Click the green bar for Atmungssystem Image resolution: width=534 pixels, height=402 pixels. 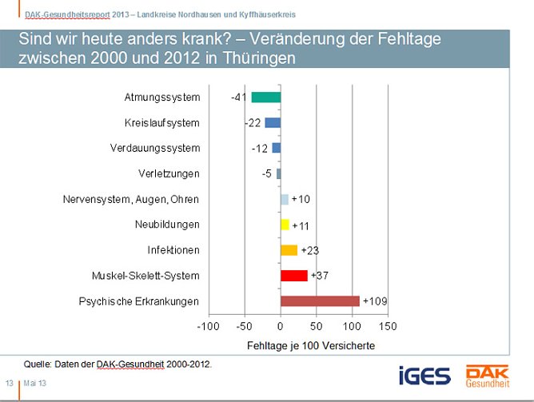[x=266, y=98]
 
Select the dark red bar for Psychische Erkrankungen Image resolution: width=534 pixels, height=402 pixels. [x=320, y=301]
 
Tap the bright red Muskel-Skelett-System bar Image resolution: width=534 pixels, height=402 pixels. [x=294, y=276]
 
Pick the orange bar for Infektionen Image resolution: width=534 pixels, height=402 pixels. [x=289, y=250]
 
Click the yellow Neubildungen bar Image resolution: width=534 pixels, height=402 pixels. [x=285, y=225]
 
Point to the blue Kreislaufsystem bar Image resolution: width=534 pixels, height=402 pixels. [x=273, y=123]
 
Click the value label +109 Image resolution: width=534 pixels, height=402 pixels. [x=376, y=301]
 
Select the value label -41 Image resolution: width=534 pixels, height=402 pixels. [x=238, y=98]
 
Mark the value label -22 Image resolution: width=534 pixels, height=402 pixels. [x=253, y=123]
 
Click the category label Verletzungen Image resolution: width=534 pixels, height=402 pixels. [x=169, y=173]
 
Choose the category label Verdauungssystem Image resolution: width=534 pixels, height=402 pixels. [x=155, y=148]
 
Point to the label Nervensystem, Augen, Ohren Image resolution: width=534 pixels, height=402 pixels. [x=130, y=199]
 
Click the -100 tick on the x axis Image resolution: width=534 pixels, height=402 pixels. [x=209, y=327]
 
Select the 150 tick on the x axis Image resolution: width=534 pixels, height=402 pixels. [x=388, y=327]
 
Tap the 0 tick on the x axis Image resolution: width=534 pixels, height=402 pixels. [x=281, y=327]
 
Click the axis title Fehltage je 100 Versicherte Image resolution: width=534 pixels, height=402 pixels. [x=298, y=345]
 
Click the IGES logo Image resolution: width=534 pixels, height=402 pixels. [x=425, y=375]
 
